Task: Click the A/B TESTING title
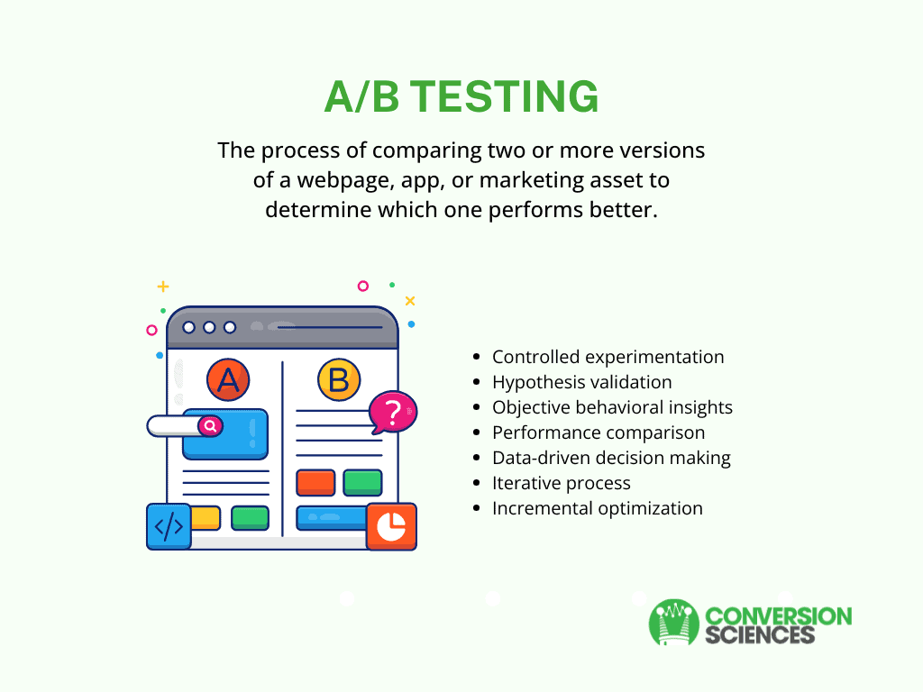click(x=461, y=96)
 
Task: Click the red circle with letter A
click(x=228, y=379)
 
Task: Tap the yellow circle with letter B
click(x=339, y=379)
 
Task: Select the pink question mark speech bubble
click(x=393, y=412)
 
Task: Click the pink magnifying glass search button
click(x=210, y=425)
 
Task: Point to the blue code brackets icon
click(x=169, y=526)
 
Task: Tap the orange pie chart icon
click(x=391, y=526)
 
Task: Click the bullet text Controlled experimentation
click(x=608, y=357)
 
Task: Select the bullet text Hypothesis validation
click(x=582, y=382)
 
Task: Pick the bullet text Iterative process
click(x=562, y=483)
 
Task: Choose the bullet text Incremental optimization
click(x=598, y=508)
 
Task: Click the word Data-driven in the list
click(x=542, y=458)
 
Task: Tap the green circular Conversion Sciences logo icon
click(x=674, y=623)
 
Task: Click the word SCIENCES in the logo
click(x=760, y=635)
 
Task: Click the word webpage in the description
click(x=345, y=180)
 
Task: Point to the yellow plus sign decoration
click(x=163, y=287)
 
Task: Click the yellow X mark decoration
click(x=410, y=301)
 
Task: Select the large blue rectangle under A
click(x=225, y=434)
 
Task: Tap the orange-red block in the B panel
click(x=316, y=483)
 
